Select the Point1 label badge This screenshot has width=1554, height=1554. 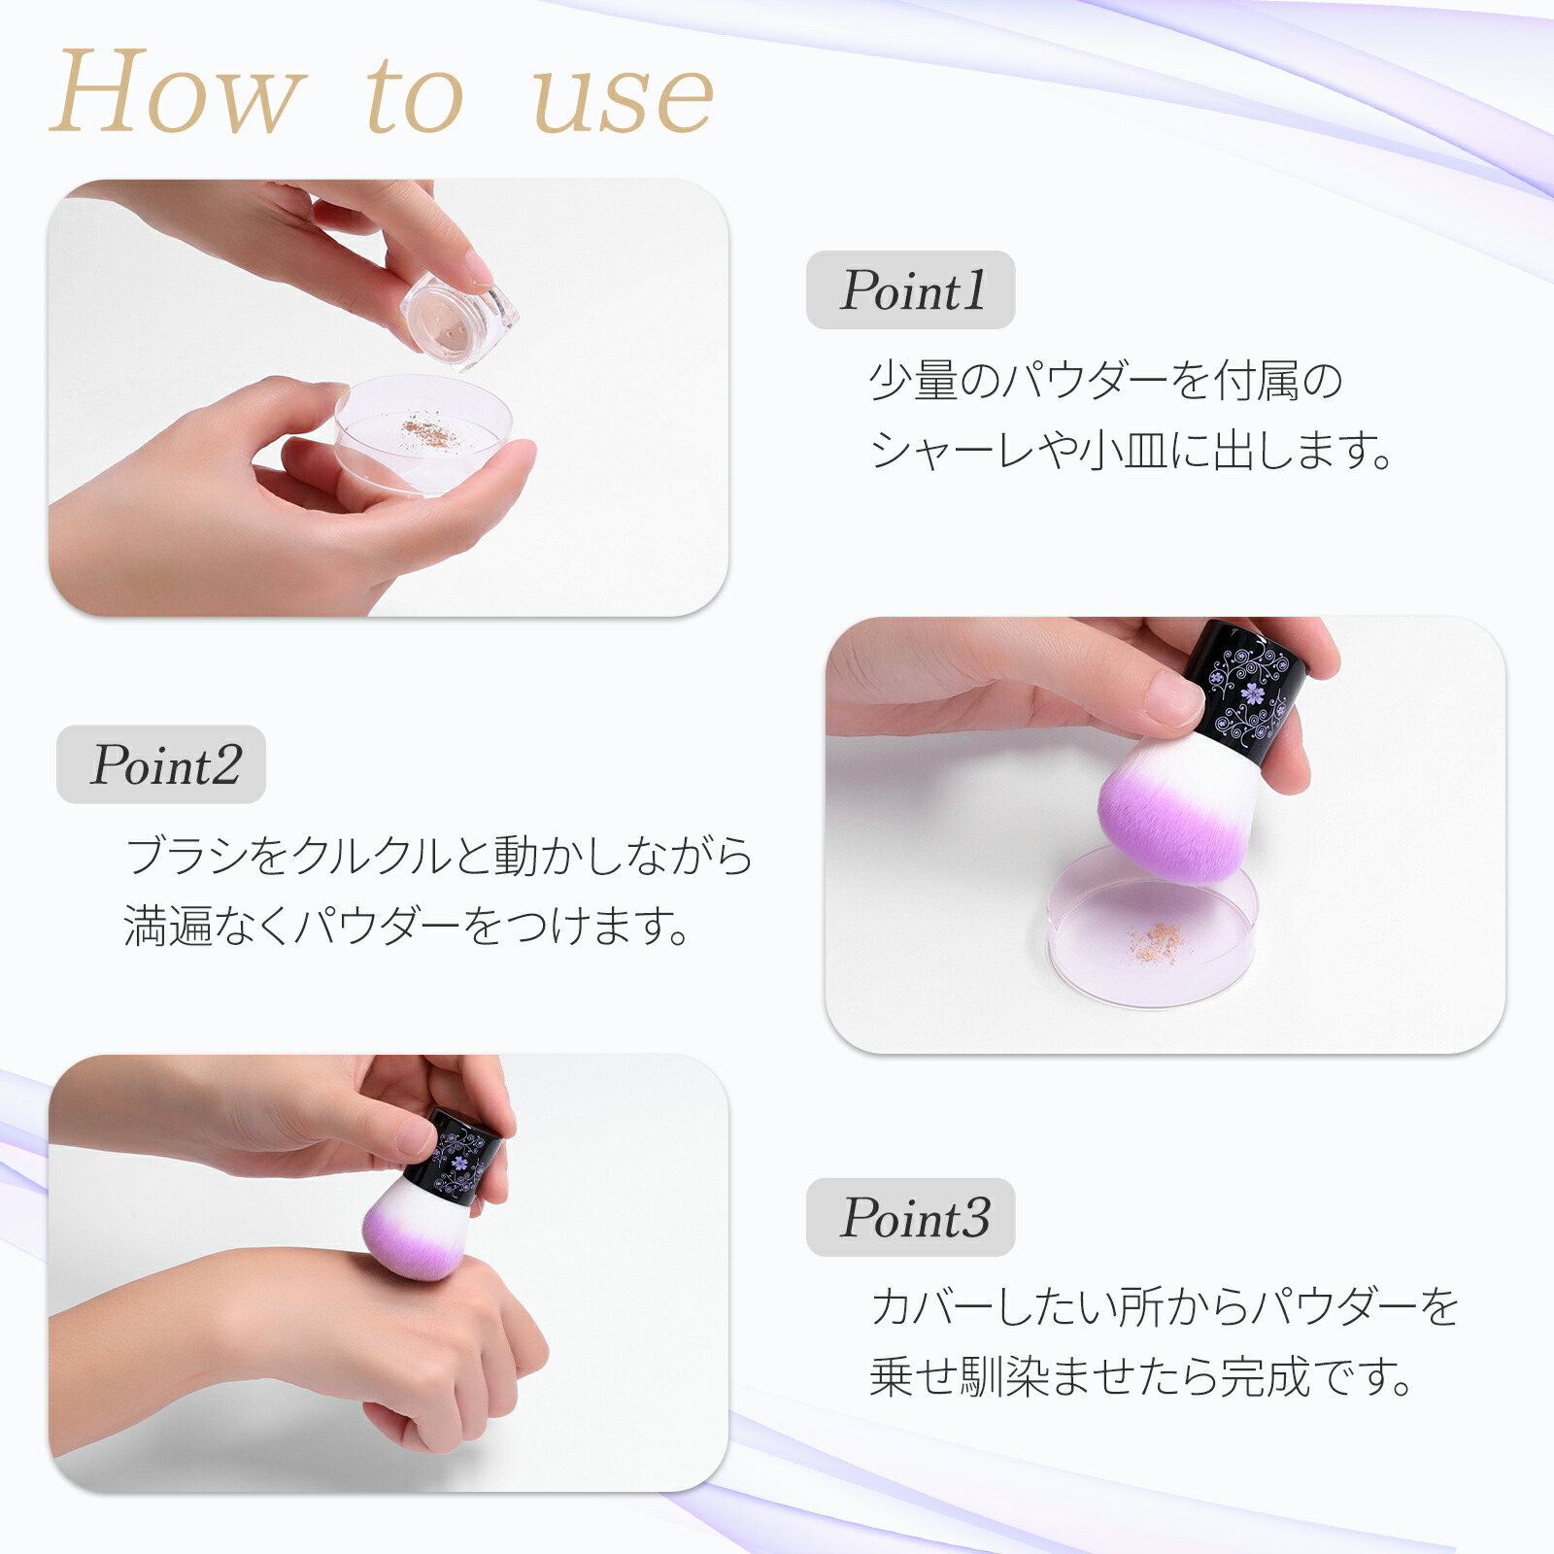point(911,289)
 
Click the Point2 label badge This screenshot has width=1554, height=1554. point(161,764)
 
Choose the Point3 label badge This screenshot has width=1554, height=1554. point(911,1217)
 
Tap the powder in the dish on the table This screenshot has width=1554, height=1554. point(1156,938)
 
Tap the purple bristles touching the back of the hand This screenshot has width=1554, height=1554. point(413,1248)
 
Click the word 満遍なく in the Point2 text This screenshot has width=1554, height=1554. point(208,926)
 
